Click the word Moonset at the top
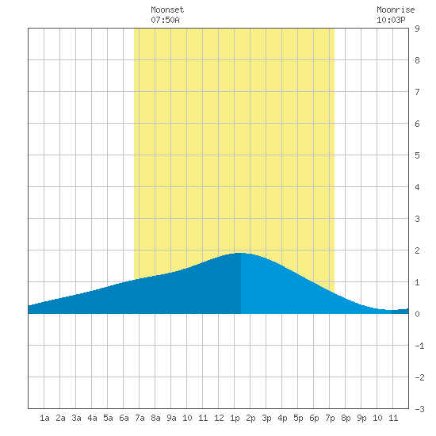tap(167, 10)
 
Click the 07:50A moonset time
tap(165, 20)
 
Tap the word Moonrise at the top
tap(396, 10)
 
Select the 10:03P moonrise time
tap(391, 20)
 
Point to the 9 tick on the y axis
tap(417, 29)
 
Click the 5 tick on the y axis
tap(417, 155)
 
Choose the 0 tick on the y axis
tap(417, 314)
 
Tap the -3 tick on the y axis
tap(419, 409)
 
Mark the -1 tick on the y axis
tap(419, 346)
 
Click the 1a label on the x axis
tap(44, 418)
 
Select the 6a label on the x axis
tap(124, 418)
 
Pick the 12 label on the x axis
tap(219, 418)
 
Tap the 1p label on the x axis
tap(235, 418)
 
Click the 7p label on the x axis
tap(330, 418)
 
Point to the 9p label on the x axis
tap(361, 418)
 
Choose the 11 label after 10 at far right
tap(393, 418)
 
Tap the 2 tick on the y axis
tap(417, 251)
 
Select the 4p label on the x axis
tap(282, 418)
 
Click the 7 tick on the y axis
tap(417, 92)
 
